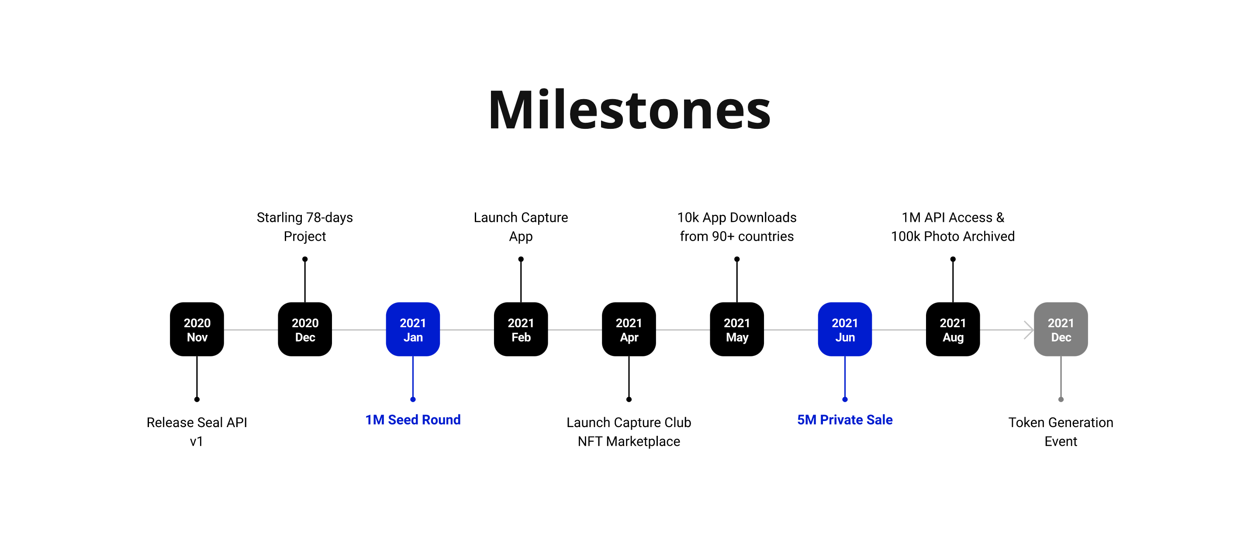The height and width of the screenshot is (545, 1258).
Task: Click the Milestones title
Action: click(x=629, y=110)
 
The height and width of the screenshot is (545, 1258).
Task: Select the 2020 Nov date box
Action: click(x=197, y=330)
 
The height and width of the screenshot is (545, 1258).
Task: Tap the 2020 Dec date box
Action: click(x=305, y=330)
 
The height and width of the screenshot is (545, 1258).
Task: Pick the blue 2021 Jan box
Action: click(x=413, y=330)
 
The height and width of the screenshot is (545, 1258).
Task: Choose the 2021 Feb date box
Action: click(x=521, y=330)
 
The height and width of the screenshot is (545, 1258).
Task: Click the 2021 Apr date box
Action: click(x=629, y=330)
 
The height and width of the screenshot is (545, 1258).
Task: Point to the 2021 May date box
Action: click(x=736, y=330)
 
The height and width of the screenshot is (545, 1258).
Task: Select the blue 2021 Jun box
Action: click(x=845, y=330)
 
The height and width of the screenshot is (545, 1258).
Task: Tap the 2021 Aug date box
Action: click(x=953, y=330)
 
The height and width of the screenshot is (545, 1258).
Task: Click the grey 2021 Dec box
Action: click(x=1061, y=330)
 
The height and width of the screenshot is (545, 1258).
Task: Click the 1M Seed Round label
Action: click(x=413, y=420)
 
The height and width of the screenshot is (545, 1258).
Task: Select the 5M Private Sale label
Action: click(x=845, y=420)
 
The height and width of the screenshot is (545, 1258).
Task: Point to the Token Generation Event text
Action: click(x=1061, y=432)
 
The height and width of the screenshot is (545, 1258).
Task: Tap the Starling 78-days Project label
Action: click(x=305, y=227)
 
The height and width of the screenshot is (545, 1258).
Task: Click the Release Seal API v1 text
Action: click(x=197, y=432)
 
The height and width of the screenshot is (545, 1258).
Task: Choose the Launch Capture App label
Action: click(x=521, y=227)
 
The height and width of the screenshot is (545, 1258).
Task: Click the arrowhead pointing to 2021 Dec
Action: click(x=1029, y=330)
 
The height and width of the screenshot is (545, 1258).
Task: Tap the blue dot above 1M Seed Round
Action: click(x=413, y=400)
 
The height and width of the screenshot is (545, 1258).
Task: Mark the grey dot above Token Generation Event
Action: click(x=1061, y=400)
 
